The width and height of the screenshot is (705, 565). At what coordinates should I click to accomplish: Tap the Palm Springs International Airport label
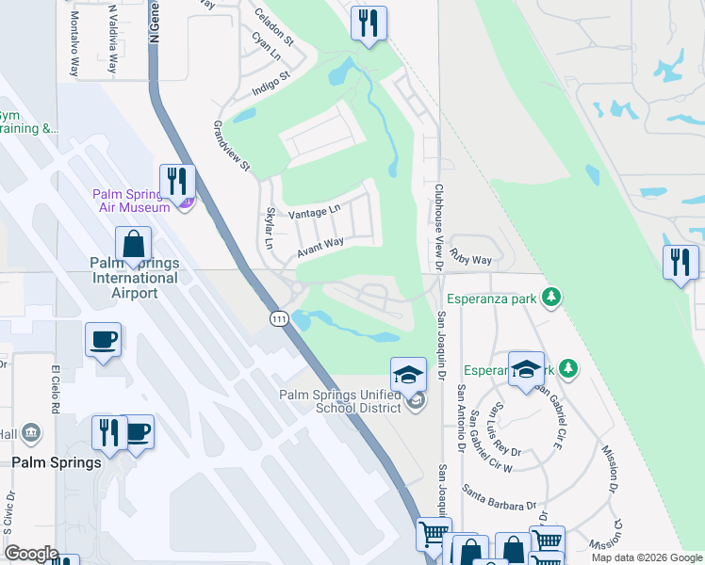[x=134, y=278]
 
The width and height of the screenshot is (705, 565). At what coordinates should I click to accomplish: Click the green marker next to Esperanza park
[x=552, y=299]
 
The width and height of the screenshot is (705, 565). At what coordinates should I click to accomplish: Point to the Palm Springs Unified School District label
[x=342, y=401]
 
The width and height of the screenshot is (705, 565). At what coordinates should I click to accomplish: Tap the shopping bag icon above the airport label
[x=133, y=244]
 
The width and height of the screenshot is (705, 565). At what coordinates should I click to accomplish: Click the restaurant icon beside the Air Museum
[x=176, y=181]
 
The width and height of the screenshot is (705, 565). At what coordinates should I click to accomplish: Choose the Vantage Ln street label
[x=314, y=213]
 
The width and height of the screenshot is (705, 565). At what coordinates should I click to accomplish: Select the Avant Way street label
[x=320, y=247]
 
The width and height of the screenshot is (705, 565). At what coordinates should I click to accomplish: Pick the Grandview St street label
[x=232, y=146]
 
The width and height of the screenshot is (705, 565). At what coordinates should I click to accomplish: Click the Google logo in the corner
[x=31, y=554]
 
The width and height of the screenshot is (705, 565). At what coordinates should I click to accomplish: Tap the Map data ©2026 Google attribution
[x=646, y=557]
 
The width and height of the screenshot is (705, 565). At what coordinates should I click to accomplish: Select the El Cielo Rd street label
[x=55, y=388]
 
